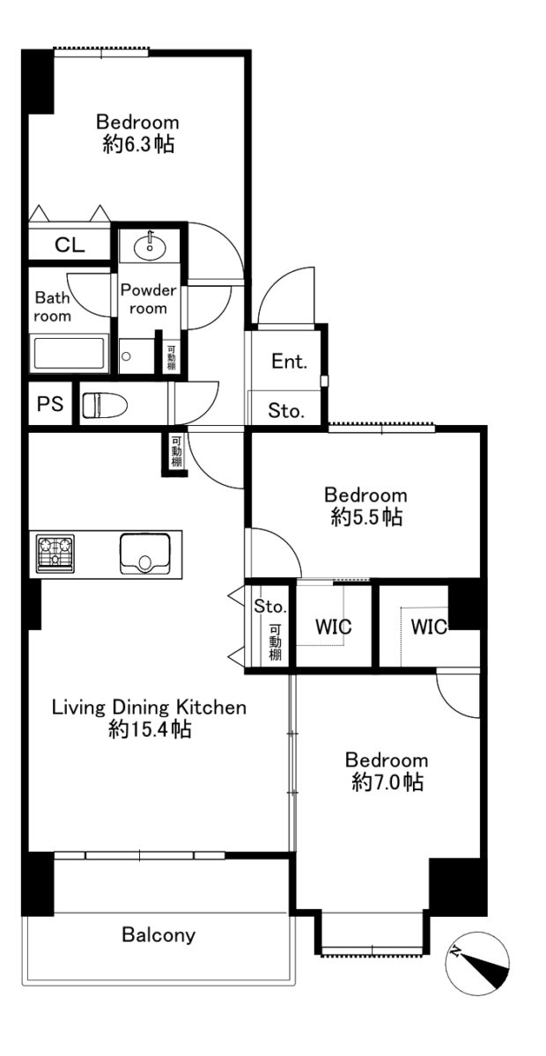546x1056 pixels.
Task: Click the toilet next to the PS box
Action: [105, 405]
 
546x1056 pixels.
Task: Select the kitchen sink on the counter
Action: [145, 553]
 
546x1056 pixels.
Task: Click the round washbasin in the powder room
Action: [150, 246]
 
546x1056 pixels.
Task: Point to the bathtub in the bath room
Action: [70, 354]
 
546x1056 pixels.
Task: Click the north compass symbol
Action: [477, 963]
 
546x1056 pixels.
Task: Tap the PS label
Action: [50, 404]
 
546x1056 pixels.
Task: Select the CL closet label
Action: [70, 245]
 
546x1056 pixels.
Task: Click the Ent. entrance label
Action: [289, 362]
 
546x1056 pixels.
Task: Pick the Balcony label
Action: [159, 935]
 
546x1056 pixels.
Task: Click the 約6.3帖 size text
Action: [138, 143]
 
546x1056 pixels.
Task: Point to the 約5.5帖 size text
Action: [366, 517]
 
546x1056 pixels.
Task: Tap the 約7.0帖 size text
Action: [387, 782]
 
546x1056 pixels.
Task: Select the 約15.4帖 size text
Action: [150, 730]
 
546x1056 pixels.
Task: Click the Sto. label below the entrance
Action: [286, 411]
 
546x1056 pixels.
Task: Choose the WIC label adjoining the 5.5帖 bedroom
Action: [334, 627]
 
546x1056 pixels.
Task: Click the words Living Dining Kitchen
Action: [149, 708]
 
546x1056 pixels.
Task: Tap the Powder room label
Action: [148, 299]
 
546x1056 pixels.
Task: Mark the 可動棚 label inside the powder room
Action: [172, 358]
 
